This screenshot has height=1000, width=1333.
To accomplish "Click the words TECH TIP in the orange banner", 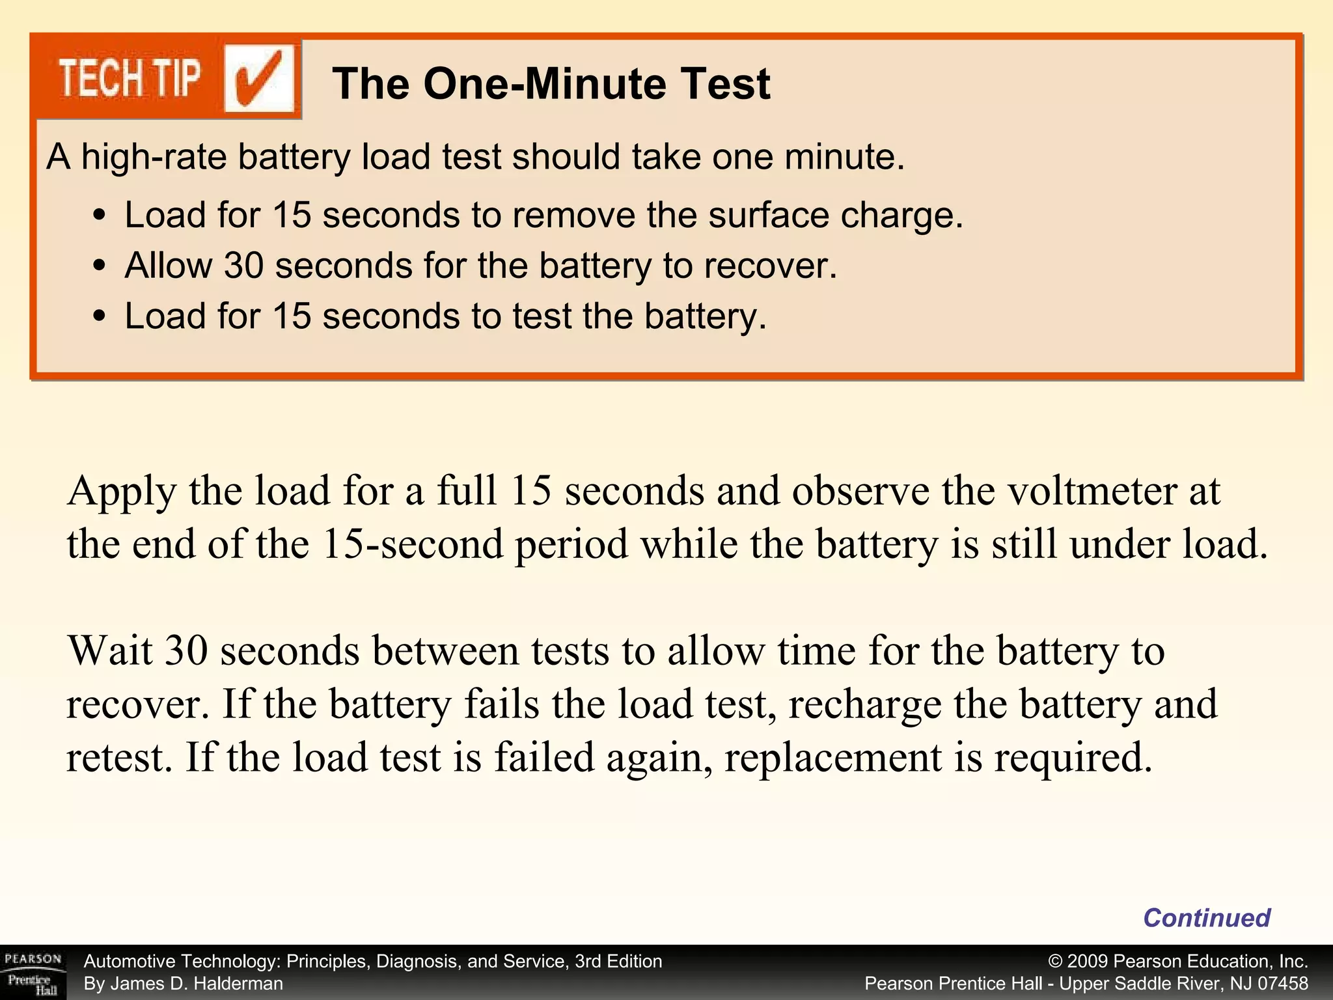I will coord(130,79).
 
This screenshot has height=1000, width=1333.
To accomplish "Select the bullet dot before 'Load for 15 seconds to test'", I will coord(99,316).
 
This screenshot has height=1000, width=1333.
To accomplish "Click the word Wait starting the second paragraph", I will coord(109,650).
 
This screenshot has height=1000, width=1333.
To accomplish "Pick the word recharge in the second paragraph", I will coord(864,704).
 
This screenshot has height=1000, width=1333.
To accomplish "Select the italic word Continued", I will coord(1206,918).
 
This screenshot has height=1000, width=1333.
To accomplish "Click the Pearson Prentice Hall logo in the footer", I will coord(33,973).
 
